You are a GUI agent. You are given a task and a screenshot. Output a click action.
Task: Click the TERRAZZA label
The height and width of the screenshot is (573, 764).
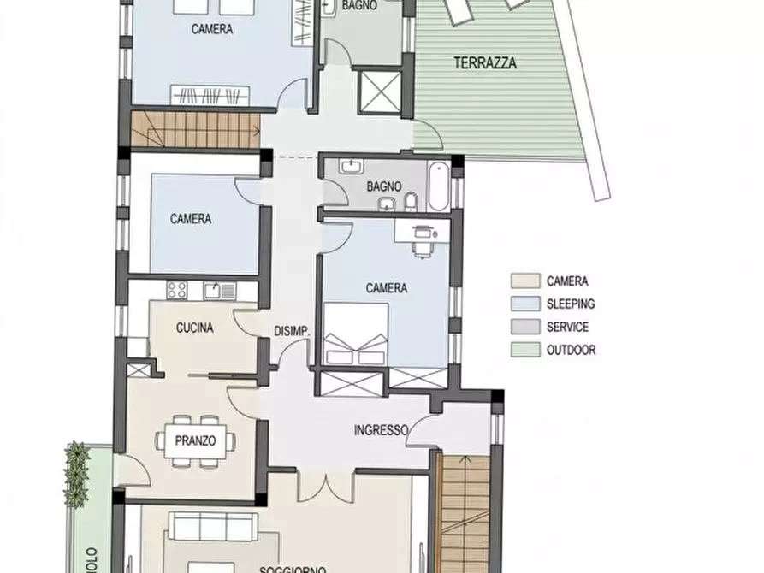point(485,62)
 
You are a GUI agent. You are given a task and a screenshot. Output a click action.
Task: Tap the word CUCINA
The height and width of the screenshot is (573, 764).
point(194,328)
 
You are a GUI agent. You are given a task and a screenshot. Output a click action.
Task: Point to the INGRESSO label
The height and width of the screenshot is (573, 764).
point(381,430)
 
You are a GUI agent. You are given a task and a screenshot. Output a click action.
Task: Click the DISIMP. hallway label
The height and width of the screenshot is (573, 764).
point(291,332)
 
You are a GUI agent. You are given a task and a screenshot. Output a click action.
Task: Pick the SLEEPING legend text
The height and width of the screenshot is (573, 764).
point(570,304)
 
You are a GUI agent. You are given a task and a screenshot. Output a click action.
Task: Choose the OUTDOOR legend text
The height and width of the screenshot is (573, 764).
point(571,350)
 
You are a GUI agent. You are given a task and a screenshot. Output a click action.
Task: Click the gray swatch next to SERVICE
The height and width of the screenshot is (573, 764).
point(525,327)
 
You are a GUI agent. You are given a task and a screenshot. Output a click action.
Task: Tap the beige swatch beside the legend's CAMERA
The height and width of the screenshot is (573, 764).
point(525,281)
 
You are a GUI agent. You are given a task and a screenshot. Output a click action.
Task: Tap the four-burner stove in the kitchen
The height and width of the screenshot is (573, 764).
point(177,290)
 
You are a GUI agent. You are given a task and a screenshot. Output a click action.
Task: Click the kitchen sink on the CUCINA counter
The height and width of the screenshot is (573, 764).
point(213,291)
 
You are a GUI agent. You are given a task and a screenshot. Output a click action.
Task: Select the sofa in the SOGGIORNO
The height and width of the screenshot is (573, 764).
point(212,526)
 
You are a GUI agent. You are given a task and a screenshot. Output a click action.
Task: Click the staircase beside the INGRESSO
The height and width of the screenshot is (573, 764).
point(463,513)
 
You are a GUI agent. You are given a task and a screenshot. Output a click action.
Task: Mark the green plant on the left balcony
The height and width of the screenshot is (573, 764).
point(77,475)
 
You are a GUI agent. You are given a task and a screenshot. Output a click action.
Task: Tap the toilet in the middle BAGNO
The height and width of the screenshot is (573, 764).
point(410,202)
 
